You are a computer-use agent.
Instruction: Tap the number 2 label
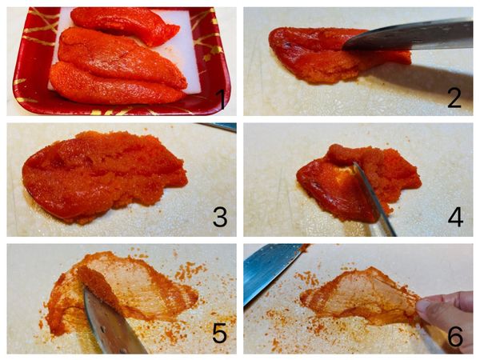(x=454, y=98)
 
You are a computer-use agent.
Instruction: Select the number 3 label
(x=220, y=217)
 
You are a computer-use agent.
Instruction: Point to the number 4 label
(x=455, y=217)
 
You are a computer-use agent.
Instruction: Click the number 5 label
(x=220, y=333)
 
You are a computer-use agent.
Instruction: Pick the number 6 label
(x=455, y=337)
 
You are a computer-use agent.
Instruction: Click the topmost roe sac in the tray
(x=126, y=25)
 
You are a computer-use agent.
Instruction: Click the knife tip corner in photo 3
(x=196, y=124)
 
